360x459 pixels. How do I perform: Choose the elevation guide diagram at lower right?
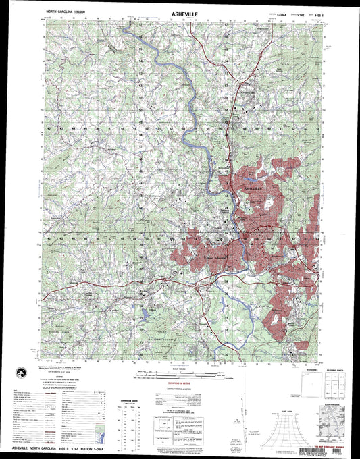[333, 418]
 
